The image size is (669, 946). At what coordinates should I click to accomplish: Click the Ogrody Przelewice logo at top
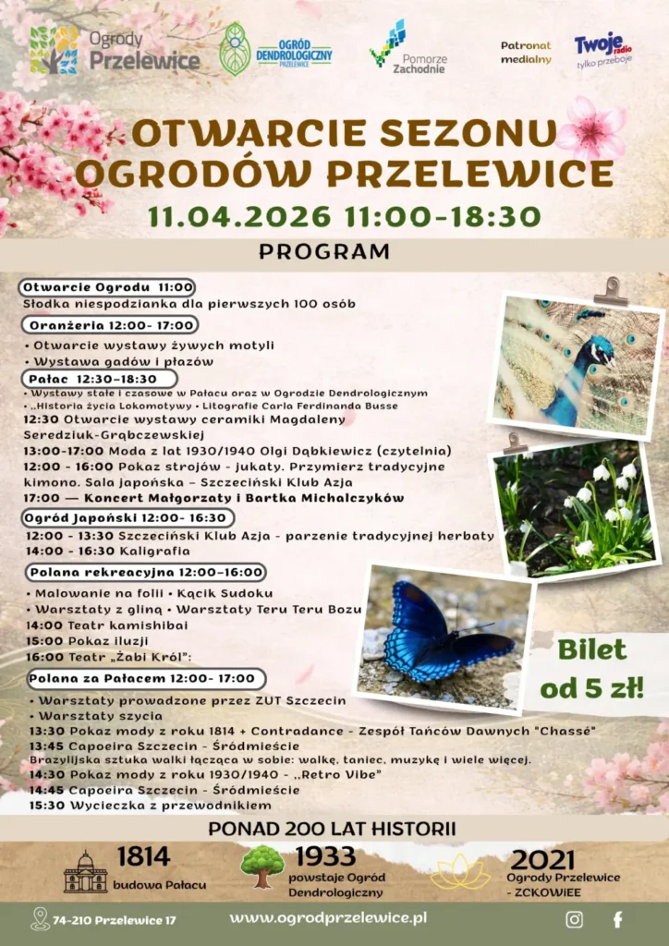coord(115,50)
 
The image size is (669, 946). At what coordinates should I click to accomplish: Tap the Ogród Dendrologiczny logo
coord(275,50)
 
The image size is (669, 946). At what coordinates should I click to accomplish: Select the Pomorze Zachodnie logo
coord(407,49)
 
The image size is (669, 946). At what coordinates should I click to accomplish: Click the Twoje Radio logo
coord(603,49)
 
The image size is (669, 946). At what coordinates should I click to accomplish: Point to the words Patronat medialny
coord(526,53)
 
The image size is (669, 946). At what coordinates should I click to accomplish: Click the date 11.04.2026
coord(239,216)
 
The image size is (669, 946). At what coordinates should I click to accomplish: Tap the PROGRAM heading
coord(324,251)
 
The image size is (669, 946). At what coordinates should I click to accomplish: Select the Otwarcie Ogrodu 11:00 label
coord(108,287)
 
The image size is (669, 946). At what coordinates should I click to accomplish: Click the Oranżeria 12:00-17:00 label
coord(111,325)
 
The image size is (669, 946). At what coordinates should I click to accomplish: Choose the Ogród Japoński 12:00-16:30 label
coord(127,518)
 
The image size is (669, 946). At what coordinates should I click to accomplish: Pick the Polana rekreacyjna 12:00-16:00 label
coord(145,573)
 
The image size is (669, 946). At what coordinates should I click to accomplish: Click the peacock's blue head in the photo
coord(599,352)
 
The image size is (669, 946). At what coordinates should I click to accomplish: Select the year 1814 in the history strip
coord(143,856)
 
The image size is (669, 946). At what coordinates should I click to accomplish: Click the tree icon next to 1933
coord(262,866)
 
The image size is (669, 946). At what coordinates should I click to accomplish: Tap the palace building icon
coord(85,872)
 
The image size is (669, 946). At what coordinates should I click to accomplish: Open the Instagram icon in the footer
coord(574,919)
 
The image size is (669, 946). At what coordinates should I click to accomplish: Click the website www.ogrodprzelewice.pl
coord(327,918)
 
